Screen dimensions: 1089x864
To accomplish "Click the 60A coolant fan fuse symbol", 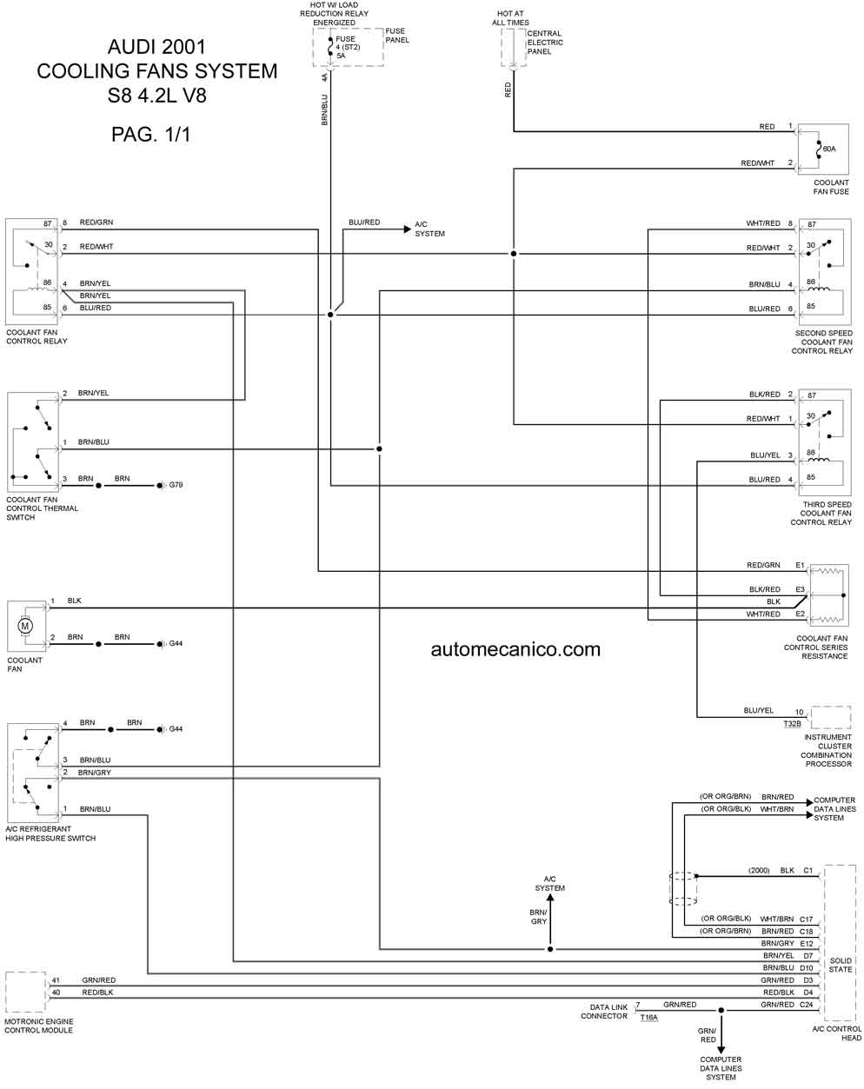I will (817, 149).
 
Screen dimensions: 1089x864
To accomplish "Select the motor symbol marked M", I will (25, 625).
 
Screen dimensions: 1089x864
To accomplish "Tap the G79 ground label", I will (176, 484).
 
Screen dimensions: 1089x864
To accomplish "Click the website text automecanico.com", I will (515, 648).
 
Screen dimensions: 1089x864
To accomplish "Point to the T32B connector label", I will (792, 723).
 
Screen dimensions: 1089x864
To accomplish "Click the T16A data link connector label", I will (648, 1017).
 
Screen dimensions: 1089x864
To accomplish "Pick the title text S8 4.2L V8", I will (157, 96).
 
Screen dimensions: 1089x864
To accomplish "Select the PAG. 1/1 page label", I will (150, 135).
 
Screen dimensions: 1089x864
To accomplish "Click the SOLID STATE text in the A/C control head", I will (841, 965).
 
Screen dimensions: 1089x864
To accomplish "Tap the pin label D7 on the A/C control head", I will (808, 955).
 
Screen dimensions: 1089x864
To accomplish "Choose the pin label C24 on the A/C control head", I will (807, 1005).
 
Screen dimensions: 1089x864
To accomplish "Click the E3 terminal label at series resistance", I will (800, 590).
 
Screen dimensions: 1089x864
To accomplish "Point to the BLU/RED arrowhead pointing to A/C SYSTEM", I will (407, 230).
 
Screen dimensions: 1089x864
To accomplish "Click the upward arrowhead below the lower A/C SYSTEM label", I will (549, 899).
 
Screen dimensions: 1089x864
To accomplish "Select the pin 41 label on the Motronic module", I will (56, 980).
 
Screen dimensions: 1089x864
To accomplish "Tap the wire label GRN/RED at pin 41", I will (99, 980).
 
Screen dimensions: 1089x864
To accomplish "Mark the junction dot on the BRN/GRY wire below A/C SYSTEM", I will (550, 949).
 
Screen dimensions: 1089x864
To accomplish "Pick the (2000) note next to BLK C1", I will (759, 870).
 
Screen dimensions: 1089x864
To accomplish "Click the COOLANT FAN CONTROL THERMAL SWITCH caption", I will (42, 508).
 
